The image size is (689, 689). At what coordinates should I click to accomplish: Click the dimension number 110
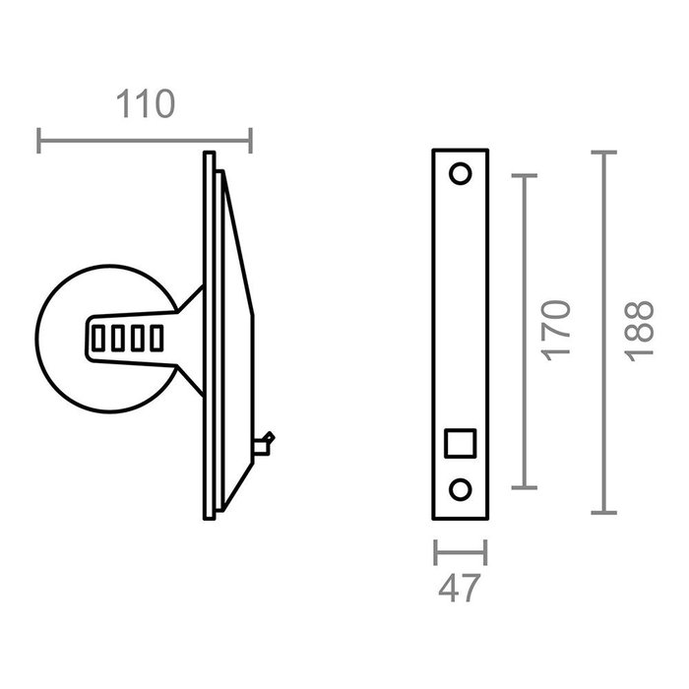click(146, 104)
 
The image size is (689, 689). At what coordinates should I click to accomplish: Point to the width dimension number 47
click(460, 588)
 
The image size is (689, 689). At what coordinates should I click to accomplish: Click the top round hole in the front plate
click(460, 175)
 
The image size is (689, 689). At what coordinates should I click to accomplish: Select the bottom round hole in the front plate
click(460, 490)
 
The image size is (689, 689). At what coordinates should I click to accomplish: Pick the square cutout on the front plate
click(460, 444)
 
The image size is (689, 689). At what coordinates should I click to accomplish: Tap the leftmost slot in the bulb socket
click(97, 339)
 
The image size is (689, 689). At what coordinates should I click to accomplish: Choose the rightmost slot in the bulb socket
click(155, 339)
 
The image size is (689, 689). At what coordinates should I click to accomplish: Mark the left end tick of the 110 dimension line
click(39, 141)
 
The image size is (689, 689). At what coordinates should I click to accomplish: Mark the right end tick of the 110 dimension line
click(251, 141)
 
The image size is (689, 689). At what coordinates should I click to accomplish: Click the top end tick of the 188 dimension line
click(602, 153)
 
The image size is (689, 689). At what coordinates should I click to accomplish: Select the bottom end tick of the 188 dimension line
click(602, 513)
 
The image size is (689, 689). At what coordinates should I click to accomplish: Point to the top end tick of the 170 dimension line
click(526, 175)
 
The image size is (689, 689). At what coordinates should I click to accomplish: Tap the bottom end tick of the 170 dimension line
click(526, 487)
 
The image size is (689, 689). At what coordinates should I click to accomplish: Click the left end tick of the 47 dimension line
click(435, 553)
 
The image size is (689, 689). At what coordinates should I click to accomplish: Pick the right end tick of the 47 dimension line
click(486, 553)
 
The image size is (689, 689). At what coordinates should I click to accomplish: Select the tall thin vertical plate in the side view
click(209, 335)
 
